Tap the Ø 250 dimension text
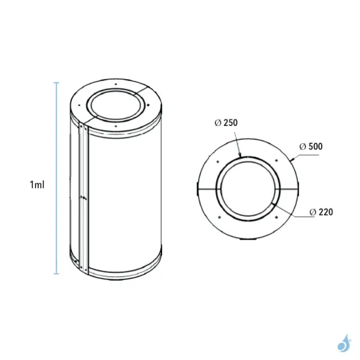[x=226, y=122]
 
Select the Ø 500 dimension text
[x=310, y=146]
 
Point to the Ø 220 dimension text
[x=322, y=212]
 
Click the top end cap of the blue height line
[x=57, y=83]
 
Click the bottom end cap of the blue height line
[x=57, y=274]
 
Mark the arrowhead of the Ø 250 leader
[x=241, y=155]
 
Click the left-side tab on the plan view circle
[x=197, y=188]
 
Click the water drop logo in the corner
[x=344, y=343]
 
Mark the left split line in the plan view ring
[x=208, y=188]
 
